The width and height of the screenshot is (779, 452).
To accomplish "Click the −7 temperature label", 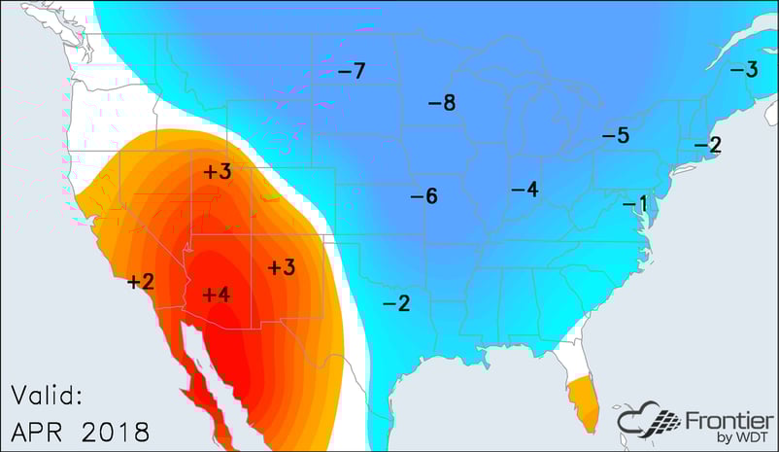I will click(x=351, y=71).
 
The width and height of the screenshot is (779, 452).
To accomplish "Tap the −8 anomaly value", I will click(x=442, y=103).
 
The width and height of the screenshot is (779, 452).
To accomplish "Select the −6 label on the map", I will click(x=423, y=196).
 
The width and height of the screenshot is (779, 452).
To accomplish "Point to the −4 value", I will click(x=525, y=189).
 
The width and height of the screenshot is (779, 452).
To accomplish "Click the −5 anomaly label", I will click(x=616, y=135).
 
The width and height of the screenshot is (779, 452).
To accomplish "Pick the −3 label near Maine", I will click(x=744, y=70).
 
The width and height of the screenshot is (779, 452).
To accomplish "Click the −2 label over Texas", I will click(x=395, y=303).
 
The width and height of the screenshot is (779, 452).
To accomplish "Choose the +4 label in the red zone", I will click(x=215, y=294).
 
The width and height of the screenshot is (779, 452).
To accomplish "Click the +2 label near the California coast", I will click(x=141, y=282).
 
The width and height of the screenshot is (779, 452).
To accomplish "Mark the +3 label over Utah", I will click(x=217, y=173).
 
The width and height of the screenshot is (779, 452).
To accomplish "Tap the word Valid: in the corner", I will click(x=48, y=395).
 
